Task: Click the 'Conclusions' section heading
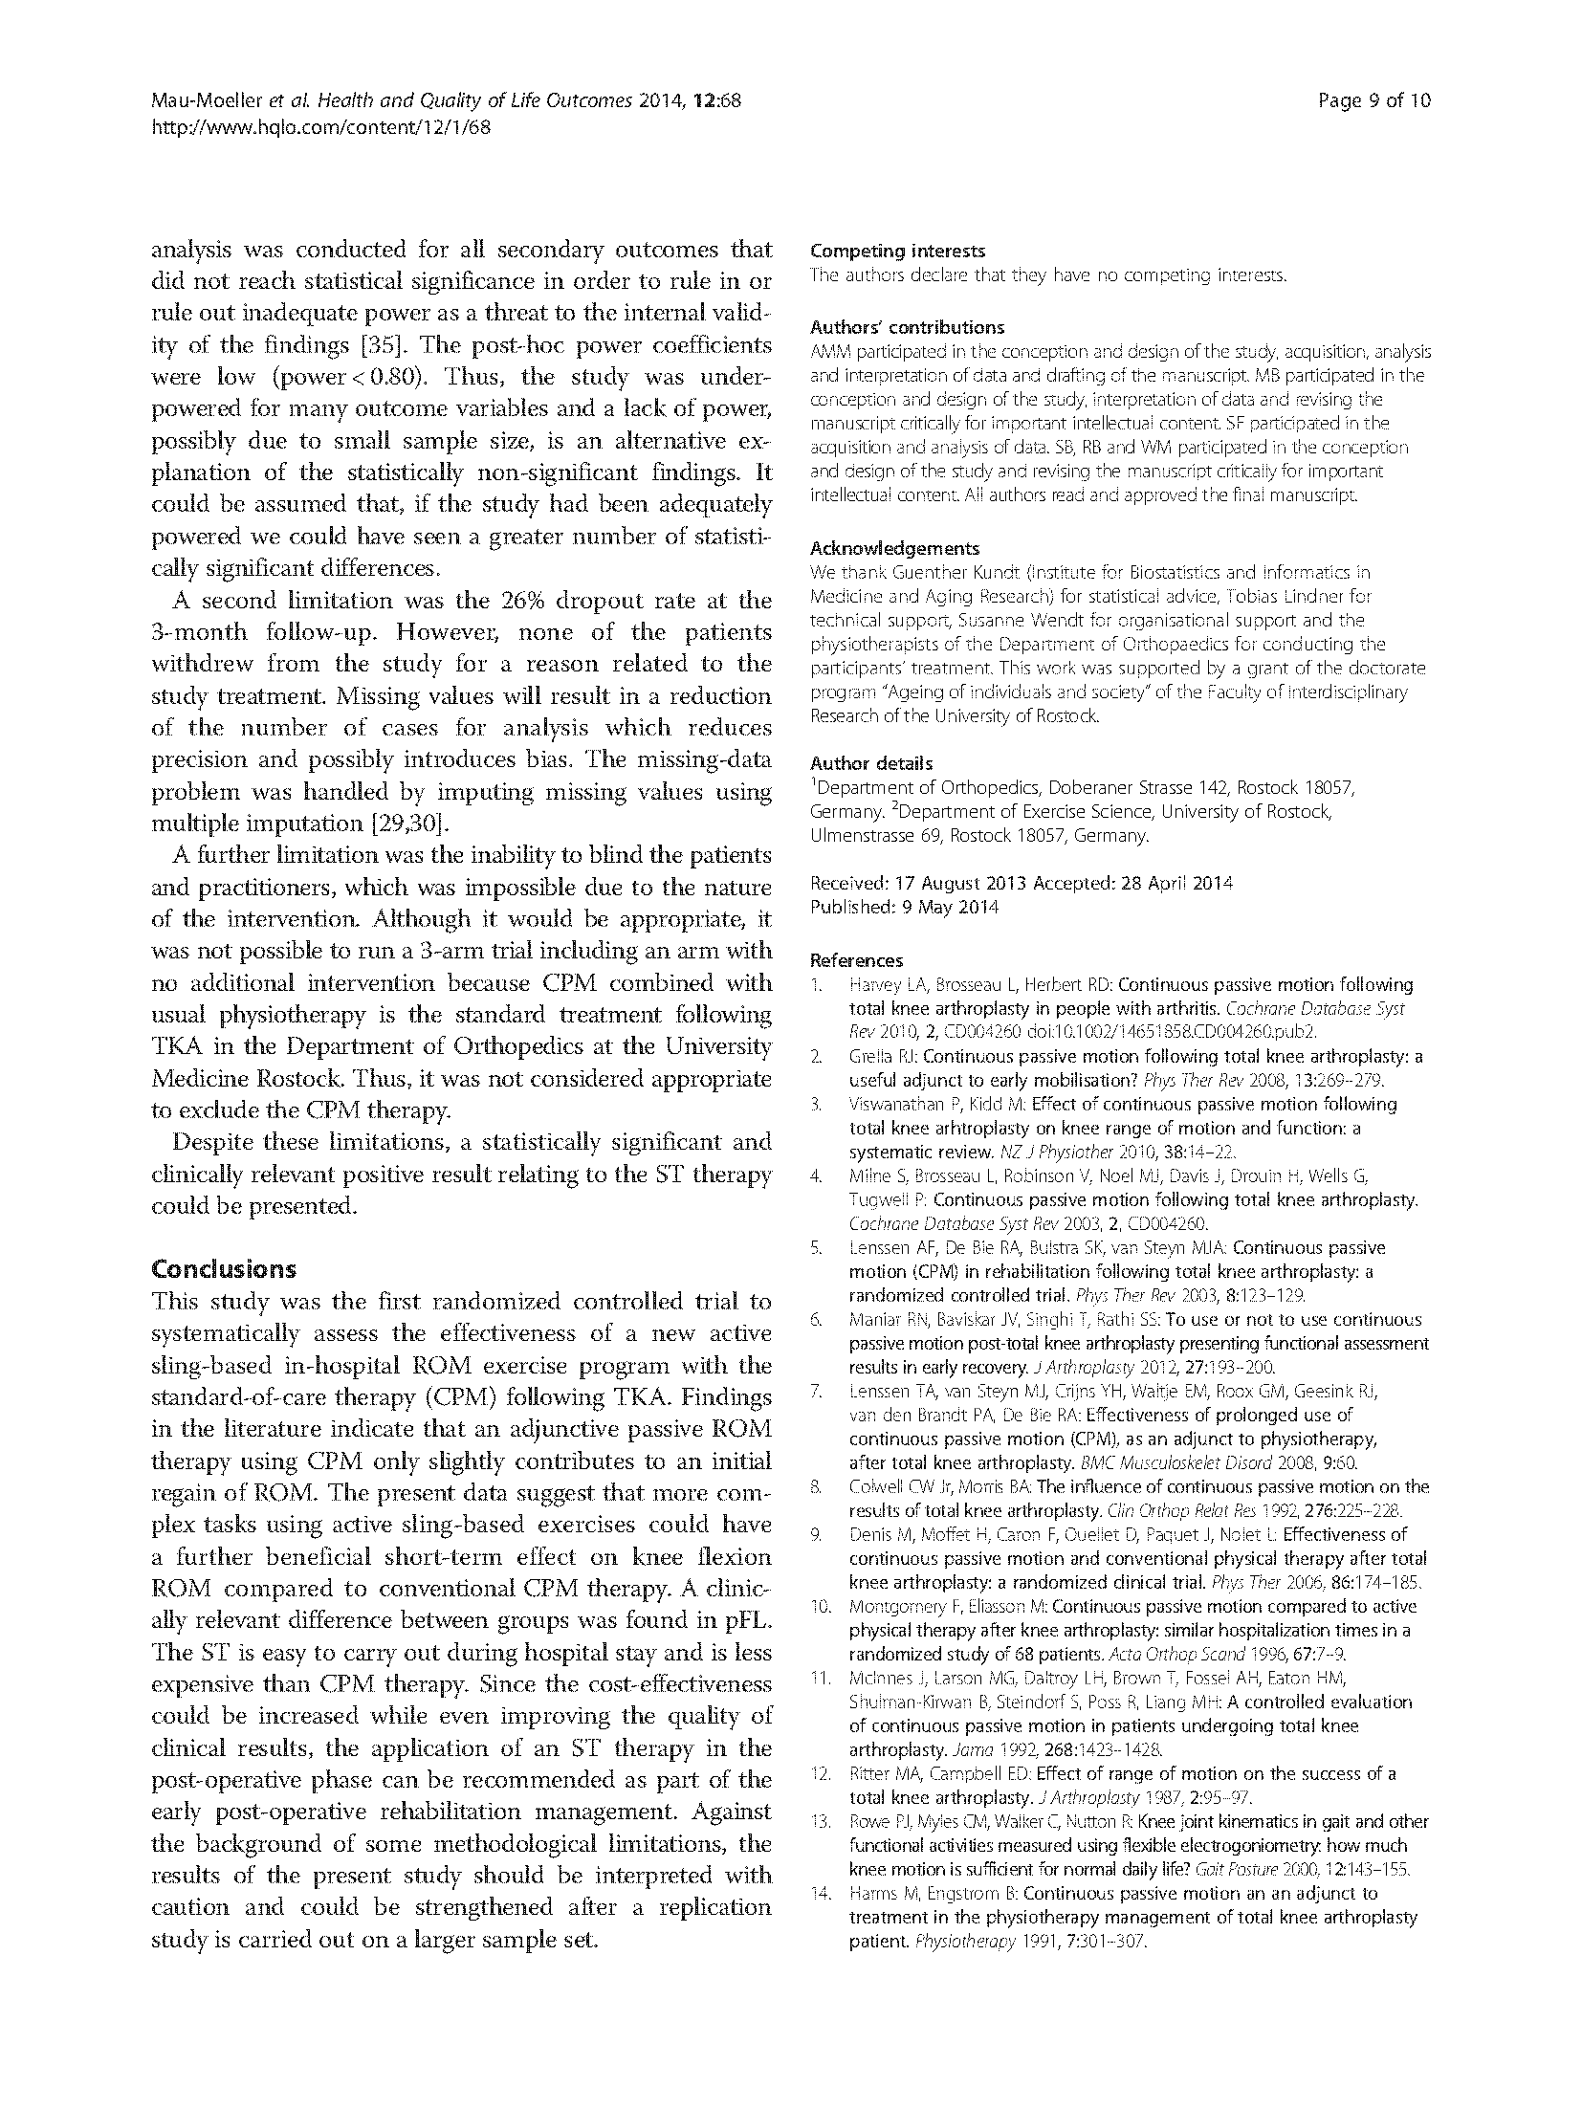(x=224, y=1269)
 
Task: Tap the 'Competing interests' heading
(x=897, y=252)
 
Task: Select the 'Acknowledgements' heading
(x=894, y=548)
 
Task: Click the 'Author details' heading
(x=870, y=763)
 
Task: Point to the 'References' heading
(x=856, y=960)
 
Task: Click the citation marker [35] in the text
(x=396, y=344)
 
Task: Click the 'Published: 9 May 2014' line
(x=904, y=907)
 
